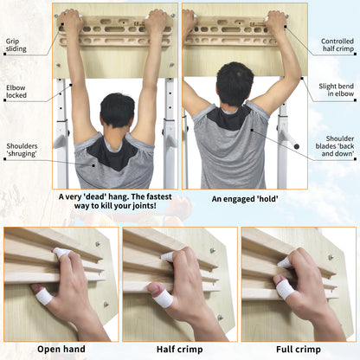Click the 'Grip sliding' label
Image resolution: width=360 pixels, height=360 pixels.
pyautogui.click(x=16, y=45)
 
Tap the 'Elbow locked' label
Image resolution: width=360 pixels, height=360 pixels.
pyautogui.click(x=16, y=92)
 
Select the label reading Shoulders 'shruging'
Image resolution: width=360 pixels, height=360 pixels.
pyautogui.click(x=22, y=150)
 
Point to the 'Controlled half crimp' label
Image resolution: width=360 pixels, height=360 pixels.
pyautogui.click(x=337, y=45)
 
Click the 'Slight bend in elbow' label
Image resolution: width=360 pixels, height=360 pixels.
pyautogui.click(x=336, y=90)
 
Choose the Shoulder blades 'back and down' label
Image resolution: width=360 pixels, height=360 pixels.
pyautogui.click(x=335, y=146)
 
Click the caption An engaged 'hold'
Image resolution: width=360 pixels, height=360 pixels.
pyautogui.click(x=245, y=199)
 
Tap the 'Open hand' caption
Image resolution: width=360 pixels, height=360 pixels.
pyautogui.click(x=61, y=349)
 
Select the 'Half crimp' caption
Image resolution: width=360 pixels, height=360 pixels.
pyautogui.click(x=179, y=350)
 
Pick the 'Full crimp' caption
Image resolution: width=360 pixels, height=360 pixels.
pyautogui.click(x=299, y=350)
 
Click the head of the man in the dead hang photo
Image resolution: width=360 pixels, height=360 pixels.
pyautogui.click(x=117, y=110)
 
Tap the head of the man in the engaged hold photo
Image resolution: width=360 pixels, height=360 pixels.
pyautogui.click(x=235, y=84)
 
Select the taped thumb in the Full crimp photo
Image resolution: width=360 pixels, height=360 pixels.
pyautogui.click(x=285, y=289)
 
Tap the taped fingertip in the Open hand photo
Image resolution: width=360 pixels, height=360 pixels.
pyautogui.click(x=61, y=253)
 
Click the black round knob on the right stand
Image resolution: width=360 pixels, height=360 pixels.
pyautogui.click(x=296, y=146)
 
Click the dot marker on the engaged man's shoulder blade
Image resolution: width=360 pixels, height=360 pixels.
pyautogui.click(x=252, y=130)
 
